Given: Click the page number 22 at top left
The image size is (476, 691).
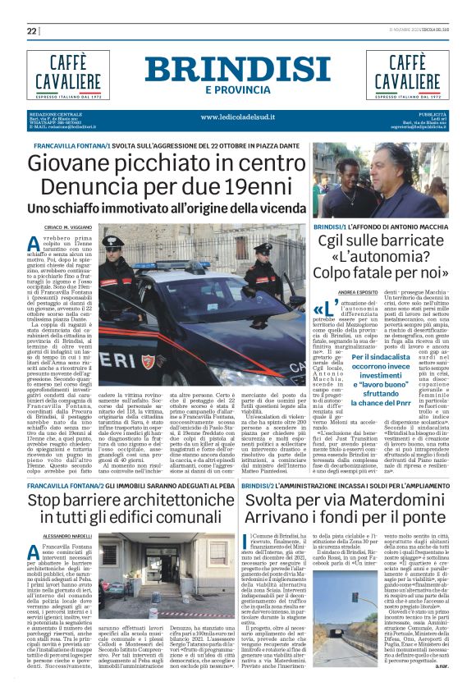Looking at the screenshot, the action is point(32,31).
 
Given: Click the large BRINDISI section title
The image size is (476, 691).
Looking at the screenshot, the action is point(238,70).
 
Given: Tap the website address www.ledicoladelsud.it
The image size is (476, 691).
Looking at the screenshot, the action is point(238,117).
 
